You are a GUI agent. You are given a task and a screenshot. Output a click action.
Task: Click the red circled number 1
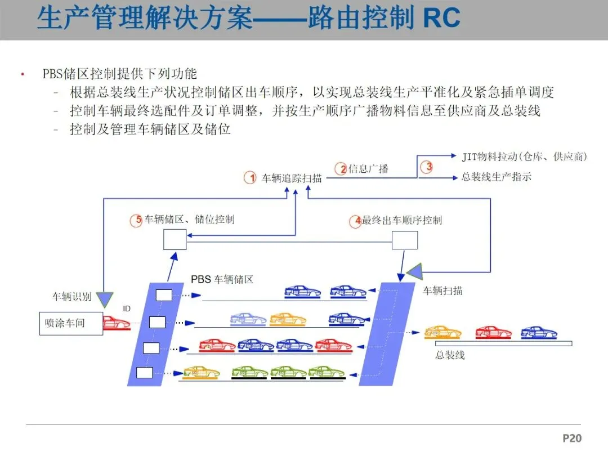pyautogui.click(x=250, y=178)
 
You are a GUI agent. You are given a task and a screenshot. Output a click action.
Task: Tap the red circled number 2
pyautogui.click(x=341, y=168)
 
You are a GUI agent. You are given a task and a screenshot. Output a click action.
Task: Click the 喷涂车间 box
pyautogui.click(x=71, y=324)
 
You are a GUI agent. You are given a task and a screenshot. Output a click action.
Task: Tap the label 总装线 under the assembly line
pyautogui.click(x=450, y=355)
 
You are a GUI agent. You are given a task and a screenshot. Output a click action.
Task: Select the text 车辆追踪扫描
pyautogui.click(x=292, y=178)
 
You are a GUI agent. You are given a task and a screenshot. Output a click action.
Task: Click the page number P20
pyautogui.click(x=571, y=438)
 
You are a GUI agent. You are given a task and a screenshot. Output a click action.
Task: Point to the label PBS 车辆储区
pyautogui.click(x=222, y=279)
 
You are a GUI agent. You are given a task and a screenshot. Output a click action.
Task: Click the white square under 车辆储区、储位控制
pyautogui.click(x=175, y=240)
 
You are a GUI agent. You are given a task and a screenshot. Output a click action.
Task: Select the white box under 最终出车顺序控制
pyautogui.click(x=404, y=240)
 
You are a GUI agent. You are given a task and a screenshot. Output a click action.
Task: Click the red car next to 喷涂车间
pyautogui.click(x=116, y=323)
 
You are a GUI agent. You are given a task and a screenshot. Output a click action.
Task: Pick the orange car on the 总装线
pyautogui.click(x=442, y=332)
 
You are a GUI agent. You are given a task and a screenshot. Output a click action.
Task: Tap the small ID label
pyautogui.click(x=127, y=309)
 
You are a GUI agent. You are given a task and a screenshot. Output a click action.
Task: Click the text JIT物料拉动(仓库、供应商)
pyautogui.click(x=524, y=157)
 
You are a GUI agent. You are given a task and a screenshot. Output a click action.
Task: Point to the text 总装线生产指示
pyautogui.click(x=496, y=177)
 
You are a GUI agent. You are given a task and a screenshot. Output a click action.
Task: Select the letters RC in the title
pyautogui.click(x=441, y=18)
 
